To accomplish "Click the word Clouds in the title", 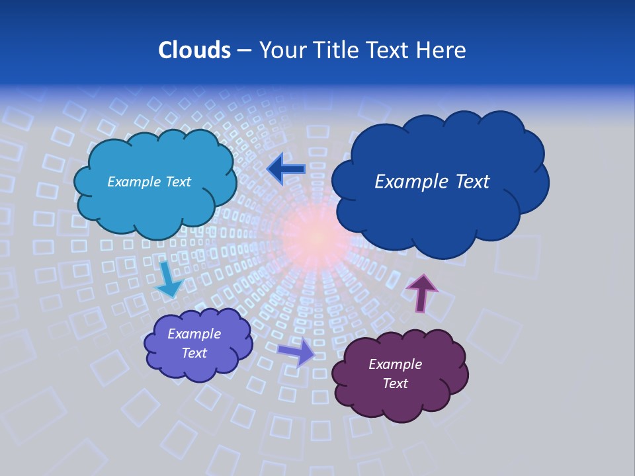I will click(194, 50).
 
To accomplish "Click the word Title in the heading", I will click(335, 50).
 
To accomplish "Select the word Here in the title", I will click(443, 50).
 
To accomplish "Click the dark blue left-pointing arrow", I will click(286, 169).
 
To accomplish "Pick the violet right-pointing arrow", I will click(297, 352).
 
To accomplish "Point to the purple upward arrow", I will click(421, 292).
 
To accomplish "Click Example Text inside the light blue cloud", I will click(149, 182).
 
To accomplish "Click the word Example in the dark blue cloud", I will click(410, 182).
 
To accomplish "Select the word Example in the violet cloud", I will click(194, 334).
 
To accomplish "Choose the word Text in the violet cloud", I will click(194, 353).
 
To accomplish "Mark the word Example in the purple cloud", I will click(395, 364).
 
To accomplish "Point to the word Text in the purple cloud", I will click(395, 383).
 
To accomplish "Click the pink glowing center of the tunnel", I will click(319, 235).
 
